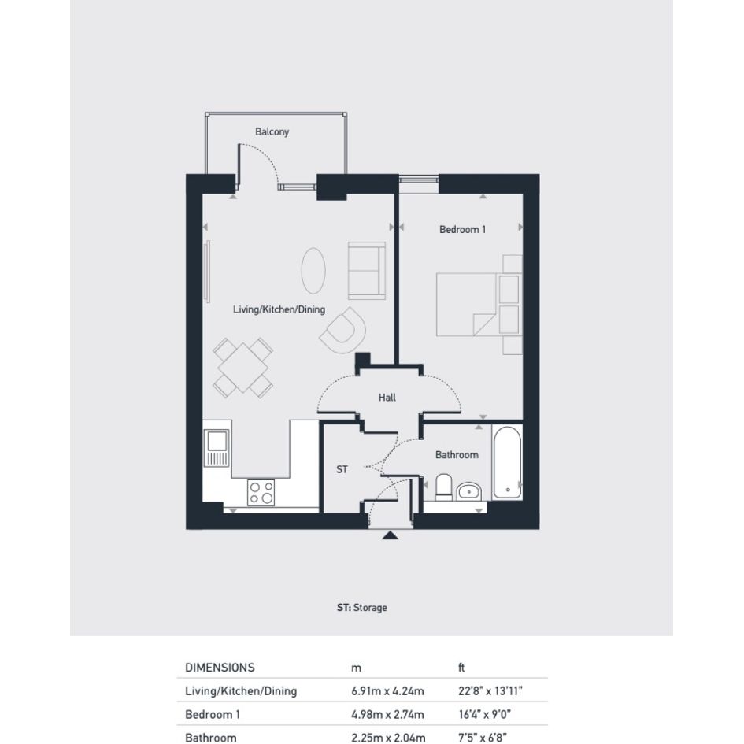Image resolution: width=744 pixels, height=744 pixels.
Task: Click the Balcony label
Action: (272, 132)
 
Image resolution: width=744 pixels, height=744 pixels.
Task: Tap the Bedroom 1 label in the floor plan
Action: (462, 230)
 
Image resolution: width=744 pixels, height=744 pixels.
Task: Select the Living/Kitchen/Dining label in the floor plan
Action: (279, 310)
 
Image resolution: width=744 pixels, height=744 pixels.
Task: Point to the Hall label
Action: (387, 398)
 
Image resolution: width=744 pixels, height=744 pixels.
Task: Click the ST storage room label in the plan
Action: (342, 469)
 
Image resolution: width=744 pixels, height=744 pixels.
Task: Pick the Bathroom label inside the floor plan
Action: (457, 455)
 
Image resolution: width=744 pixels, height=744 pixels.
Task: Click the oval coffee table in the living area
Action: (313, 271)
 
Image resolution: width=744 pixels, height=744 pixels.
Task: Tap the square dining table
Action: (243, 368)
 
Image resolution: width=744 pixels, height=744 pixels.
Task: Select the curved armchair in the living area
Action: (342, 330)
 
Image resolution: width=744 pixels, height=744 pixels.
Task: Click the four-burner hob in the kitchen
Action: (261, 493)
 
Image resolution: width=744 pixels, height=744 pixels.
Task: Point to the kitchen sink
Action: (217, 447)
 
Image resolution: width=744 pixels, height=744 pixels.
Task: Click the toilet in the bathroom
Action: (444, 487)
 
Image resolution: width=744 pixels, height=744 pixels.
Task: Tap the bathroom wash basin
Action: (468, 492)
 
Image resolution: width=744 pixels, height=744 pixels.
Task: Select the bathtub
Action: (507, 462)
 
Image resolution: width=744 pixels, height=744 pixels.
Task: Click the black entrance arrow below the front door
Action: (390, 535)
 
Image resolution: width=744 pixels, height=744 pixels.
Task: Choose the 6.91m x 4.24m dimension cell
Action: (387, 691)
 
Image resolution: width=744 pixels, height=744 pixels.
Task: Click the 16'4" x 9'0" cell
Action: (484, 714)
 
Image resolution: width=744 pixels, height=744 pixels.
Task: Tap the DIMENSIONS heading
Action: (220, 668)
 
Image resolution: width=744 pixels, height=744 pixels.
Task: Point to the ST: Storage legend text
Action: (362, 607)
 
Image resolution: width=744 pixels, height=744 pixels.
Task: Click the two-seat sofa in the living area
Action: (367, 271)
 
